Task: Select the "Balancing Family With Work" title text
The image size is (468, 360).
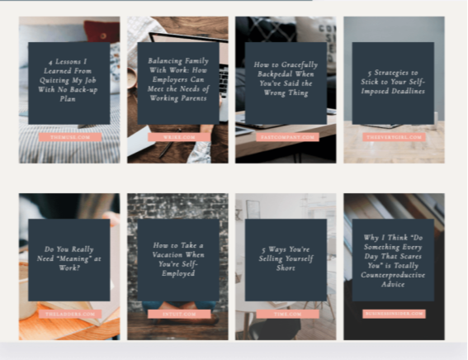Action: point(177,79)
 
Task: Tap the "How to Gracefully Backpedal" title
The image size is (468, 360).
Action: point(286,79)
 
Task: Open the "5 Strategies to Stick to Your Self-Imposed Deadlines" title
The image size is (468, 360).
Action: point(393,83)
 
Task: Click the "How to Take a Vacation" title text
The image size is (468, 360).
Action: point(177,258)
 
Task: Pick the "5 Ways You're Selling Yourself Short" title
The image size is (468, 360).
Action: point(286,258)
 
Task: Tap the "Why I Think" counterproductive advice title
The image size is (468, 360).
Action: point(393,259)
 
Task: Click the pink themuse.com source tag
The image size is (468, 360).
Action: point(69,137)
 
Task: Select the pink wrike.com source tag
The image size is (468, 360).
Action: point(178,137)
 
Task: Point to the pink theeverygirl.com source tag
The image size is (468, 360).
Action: point(394,137)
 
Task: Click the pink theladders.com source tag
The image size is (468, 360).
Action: point(69,314)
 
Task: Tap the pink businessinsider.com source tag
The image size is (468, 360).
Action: point(394,314)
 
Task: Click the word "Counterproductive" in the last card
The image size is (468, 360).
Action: point(394,277)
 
